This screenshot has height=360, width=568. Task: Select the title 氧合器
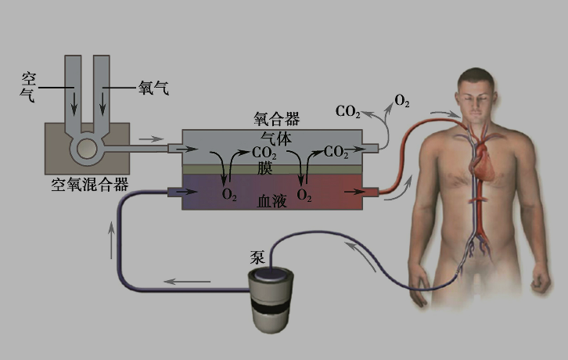click(276, 119)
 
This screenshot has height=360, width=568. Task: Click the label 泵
click(258, 256)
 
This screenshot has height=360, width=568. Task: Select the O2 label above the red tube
click(402, 101)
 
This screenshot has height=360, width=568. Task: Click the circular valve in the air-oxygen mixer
click(84, 146)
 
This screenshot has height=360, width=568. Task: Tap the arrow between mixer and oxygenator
click(146, 140)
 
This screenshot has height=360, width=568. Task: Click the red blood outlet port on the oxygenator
click(372, 191)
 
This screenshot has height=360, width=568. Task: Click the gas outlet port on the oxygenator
click(372, 147)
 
